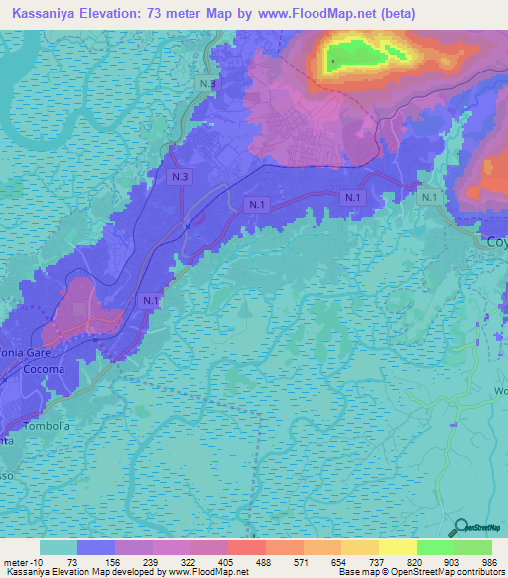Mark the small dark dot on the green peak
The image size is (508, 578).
pyautogui.click(x=332, y=65)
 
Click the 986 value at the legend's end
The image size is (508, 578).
pyautogui.click(x=491, y=561)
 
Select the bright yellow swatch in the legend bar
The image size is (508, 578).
pyautogui.click(x=397, y=547)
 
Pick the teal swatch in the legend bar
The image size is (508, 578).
pyautogui.click(x=59, y=547)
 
